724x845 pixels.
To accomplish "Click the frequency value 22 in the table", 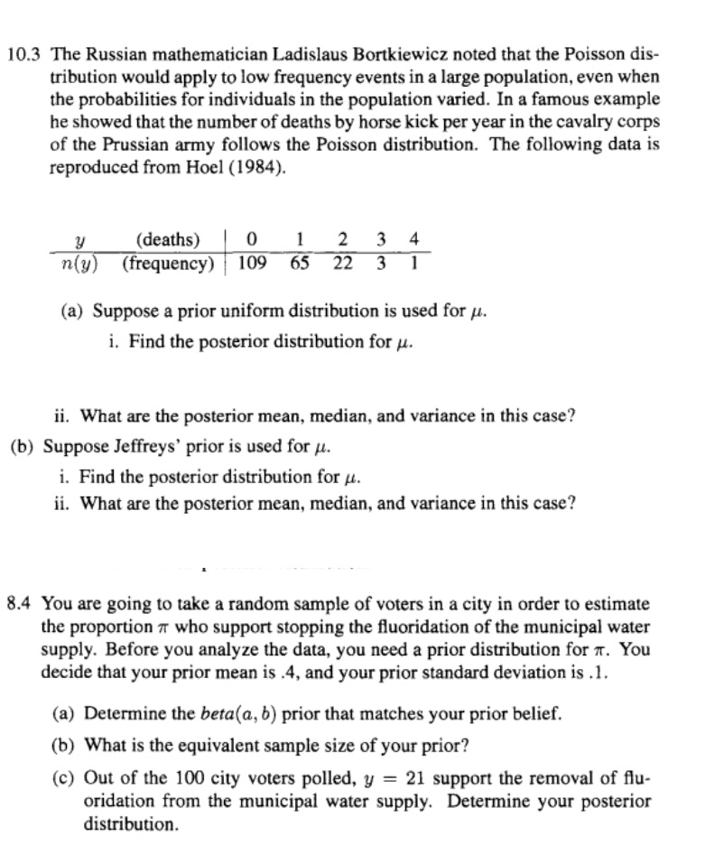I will pyautogui.click(x=344, y=263).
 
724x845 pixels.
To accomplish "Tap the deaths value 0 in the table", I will pyautogui.click(x=254, y=240).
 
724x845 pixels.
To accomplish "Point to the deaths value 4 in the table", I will pyautogui.click(x=413, y=240).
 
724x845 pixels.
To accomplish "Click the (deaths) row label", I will pyautogui.click(x=167, y=240).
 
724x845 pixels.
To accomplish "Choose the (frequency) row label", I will pyautogui.click(x=169, y=263).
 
